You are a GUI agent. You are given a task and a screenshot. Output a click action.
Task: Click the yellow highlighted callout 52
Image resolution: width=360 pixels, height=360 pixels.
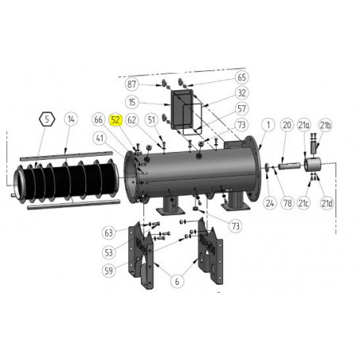(116, 120)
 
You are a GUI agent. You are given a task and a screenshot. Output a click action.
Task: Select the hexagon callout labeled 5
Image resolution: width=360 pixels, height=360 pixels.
(47, 120)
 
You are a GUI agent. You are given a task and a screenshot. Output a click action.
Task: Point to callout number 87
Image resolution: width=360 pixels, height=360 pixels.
(132, 84)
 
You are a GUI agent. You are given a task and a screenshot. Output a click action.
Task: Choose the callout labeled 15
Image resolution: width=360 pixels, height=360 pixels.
(132, 102)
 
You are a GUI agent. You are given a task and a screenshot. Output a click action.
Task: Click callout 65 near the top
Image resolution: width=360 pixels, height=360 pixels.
(242, 78)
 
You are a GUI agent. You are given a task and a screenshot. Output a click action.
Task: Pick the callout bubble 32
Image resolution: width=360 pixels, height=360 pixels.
(242, 93)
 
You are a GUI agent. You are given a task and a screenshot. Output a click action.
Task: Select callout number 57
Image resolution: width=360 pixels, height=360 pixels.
(242, 108)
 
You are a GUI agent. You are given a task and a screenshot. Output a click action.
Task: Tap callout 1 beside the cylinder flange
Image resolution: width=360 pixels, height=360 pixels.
(268, 125)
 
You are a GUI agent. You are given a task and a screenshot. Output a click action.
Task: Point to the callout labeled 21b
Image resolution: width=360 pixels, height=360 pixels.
(325, 125)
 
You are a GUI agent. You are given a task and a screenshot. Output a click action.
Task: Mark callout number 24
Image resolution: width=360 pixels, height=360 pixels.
(270, 203)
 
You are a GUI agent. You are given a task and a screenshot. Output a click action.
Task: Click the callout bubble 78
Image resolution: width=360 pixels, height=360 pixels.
(288, 203)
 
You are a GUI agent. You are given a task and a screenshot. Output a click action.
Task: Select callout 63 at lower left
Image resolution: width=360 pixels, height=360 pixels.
(108, 233)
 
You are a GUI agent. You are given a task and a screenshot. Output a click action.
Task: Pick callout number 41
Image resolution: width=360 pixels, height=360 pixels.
(100, 138)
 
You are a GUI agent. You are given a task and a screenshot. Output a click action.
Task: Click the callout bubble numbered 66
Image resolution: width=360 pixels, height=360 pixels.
(99, 120)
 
